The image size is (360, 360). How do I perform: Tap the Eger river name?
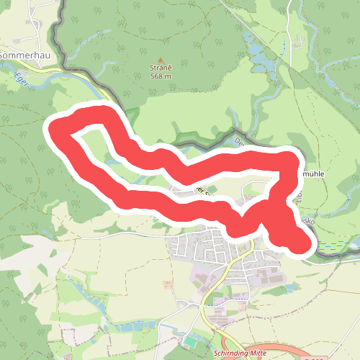pos(21,81)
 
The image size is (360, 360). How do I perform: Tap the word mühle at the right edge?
pos(317,174)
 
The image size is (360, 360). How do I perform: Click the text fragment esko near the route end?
pos(310,223)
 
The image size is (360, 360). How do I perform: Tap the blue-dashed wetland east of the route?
pos(331,247)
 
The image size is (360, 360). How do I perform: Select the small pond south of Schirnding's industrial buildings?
pos(289,288)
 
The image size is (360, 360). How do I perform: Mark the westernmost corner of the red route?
pos(52,128)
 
